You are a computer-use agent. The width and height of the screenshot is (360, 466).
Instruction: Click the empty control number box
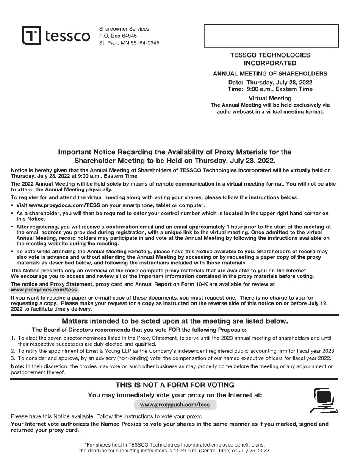271,36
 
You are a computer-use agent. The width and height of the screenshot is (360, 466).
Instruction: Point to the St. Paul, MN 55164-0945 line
129,43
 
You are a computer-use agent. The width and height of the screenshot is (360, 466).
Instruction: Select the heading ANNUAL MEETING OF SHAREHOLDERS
270,74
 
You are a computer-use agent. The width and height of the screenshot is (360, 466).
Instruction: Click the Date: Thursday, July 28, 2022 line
270,82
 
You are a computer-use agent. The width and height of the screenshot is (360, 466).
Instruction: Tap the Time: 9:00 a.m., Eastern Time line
270,89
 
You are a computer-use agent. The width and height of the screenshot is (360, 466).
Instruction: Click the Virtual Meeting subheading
270,98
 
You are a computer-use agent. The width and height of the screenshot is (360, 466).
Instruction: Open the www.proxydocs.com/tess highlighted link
44,290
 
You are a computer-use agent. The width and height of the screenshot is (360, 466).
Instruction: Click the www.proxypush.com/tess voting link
174,405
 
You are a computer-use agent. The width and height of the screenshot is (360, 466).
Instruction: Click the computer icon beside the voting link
324,400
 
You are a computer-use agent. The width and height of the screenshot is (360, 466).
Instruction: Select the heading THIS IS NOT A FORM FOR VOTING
174,385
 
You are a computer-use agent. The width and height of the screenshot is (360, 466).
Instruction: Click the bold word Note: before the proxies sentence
17,366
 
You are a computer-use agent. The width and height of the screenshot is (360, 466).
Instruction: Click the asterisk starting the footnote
86,444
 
